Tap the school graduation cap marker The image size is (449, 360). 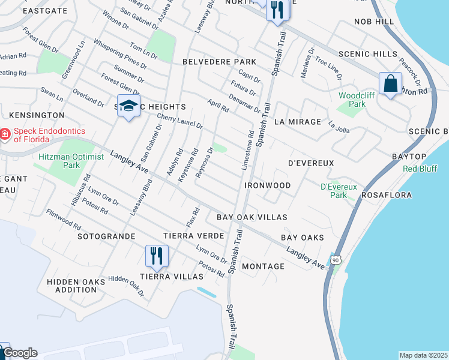(128, 106)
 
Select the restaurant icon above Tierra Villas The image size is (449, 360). (156, 256)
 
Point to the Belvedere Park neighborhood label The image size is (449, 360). (219, 62)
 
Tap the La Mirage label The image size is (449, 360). (298, 122)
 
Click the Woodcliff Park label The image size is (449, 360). (352, 100)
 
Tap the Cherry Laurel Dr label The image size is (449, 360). (179, 121)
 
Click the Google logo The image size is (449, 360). (20, 353)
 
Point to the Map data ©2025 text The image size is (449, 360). (423, 355)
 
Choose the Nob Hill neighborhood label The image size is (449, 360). (374, 22)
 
